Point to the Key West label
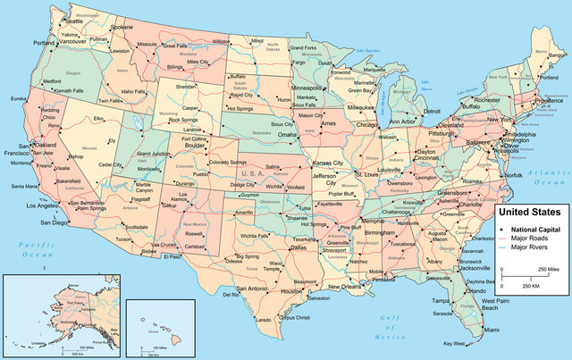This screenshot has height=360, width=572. pos(453,344)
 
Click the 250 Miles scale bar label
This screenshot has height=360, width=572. pos(549,269)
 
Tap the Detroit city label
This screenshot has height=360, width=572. pos(432,111)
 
